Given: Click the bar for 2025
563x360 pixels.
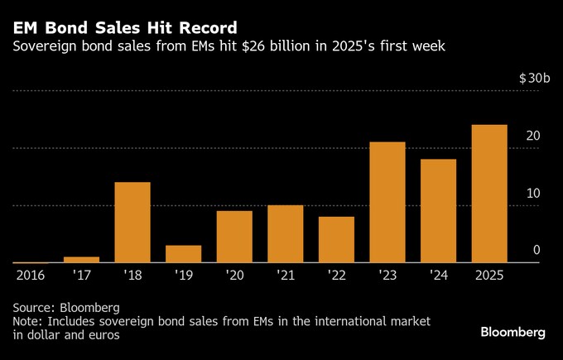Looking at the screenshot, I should pos(488,194).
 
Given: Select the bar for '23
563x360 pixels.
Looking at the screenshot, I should pos(387,203).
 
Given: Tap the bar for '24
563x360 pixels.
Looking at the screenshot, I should pos(438,211).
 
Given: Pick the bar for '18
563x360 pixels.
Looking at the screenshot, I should pos(132,223).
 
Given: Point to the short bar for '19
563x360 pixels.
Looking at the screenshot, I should pos(183,254).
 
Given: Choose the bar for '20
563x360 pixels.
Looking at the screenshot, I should pos(234,237).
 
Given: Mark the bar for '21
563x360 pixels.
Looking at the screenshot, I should pos(285,234).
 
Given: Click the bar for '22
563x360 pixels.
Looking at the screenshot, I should pos(336,240).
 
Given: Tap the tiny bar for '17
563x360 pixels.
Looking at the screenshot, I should pos(81,260).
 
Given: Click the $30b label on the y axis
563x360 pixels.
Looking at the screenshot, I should pos(534,78).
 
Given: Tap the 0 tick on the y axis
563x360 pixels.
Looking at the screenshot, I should pos(537,250).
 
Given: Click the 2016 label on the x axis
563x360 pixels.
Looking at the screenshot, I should pos(31,274).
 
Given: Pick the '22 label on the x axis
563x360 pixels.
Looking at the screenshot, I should pos(336,274).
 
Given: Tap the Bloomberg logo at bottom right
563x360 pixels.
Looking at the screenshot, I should pos(513,332).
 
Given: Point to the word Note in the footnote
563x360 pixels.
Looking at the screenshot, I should pos(28,320).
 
